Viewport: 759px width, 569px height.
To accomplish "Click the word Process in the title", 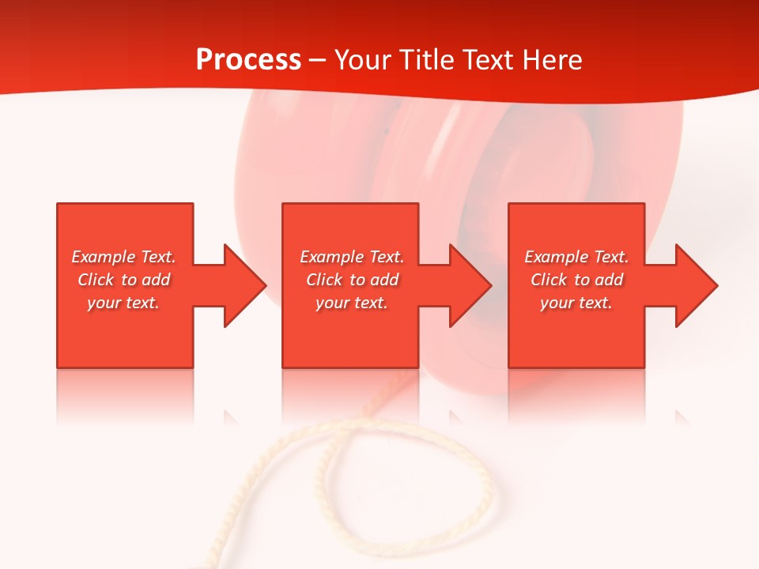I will tap(248, 60).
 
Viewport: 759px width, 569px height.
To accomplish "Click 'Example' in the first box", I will tap(104, 257).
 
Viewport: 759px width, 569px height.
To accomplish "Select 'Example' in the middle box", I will tap(332, 257).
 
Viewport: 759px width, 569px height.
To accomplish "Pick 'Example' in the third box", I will tap(557, 257).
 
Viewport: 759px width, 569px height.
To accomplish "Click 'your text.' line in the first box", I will tap(123, 303).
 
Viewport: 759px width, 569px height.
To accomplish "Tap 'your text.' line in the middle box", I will tap(352, 303).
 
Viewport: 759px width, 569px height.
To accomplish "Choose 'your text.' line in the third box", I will tap(576, 303).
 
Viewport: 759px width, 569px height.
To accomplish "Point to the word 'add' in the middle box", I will tap(384, 280).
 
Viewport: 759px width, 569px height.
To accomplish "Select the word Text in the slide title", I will tap(487, 60).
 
